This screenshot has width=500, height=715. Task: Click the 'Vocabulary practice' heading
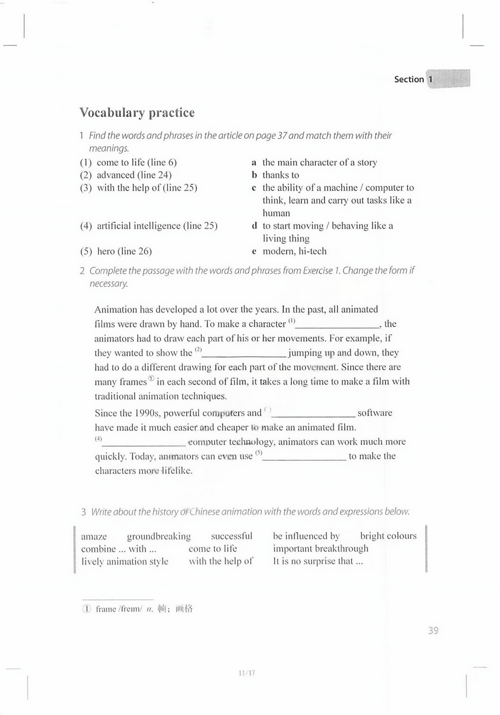click(x=137, y=113)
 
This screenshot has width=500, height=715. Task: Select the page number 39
click(x=433, y=630)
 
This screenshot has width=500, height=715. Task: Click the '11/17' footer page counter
click(x=247, y=673)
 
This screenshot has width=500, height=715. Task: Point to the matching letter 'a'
click(x=254, y=163)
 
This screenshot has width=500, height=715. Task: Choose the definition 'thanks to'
click(x=281, y=175)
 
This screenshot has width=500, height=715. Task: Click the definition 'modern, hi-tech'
click(x=294, y=251)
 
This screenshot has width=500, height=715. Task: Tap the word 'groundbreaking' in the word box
click(x=158, y=536)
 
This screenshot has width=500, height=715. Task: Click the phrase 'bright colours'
click(x=388, y=536)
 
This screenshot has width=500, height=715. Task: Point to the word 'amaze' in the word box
click(x=94, y=536)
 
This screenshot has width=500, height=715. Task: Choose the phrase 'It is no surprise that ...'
click(x=318, y=561)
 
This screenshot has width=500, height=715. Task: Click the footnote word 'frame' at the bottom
click(x=105, y=609)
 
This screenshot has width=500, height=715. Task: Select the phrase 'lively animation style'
click(x=125, y=562)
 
